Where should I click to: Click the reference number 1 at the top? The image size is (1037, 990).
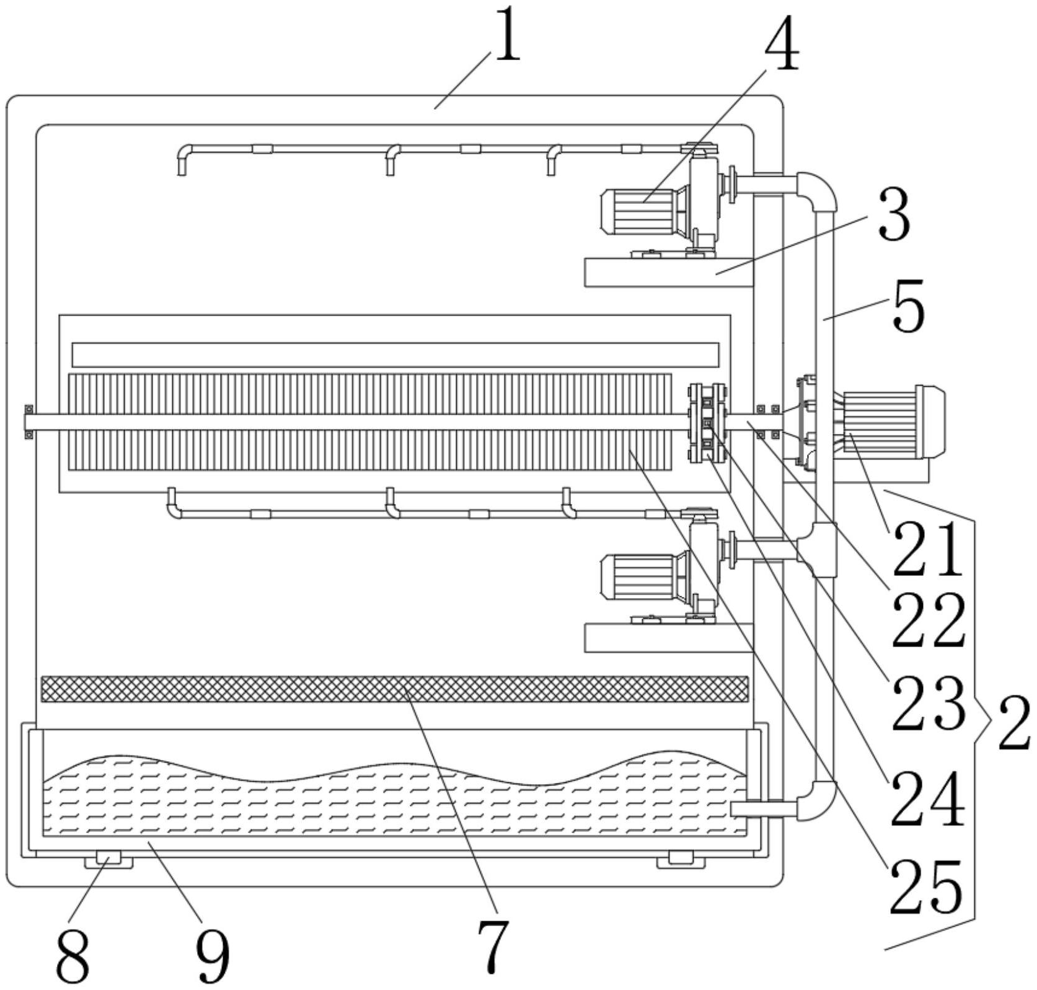[507, 35]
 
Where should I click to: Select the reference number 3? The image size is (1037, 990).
[894, 214]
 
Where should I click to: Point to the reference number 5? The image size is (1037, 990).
[908, 306]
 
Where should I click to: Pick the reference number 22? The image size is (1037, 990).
[928, 621]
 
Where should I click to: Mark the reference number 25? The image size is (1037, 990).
[926, 888]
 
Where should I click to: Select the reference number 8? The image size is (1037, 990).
[73, 955]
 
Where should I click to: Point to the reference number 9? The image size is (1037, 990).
[213, 955]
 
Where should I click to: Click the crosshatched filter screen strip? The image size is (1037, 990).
[394, 689]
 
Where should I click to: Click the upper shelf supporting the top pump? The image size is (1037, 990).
[669, 272]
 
